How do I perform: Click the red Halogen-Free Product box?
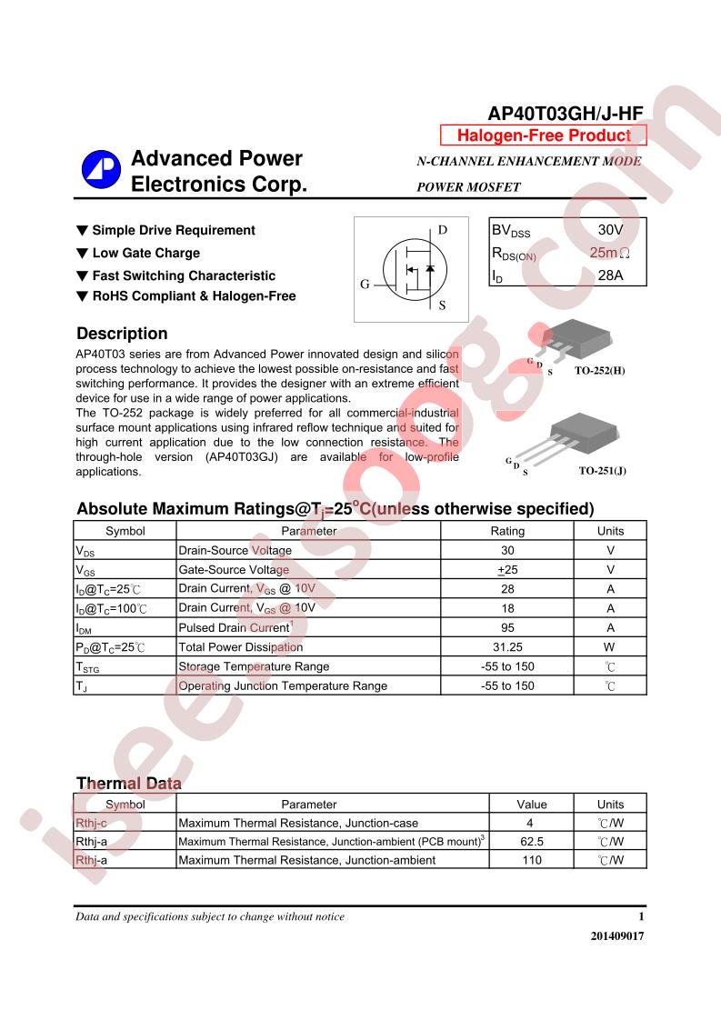point(543,135)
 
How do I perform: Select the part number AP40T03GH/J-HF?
point(566,114)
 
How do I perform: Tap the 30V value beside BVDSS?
point(610,230)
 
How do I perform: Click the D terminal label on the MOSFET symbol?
point(443,230)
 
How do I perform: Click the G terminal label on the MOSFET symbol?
point(365,285)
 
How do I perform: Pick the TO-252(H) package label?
point(600,371)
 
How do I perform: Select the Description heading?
point(122,334)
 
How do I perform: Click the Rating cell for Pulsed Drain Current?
point(507,627)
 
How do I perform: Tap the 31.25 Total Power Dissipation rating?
point(507,647)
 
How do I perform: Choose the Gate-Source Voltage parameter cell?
point(234,570)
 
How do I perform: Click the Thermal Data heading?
point(128,784)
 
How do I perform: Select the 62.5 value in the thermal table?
point(532,842)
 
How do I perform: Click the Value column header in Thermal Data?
point(532,804)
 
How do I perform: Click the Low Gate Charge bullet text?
point(145,253)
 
